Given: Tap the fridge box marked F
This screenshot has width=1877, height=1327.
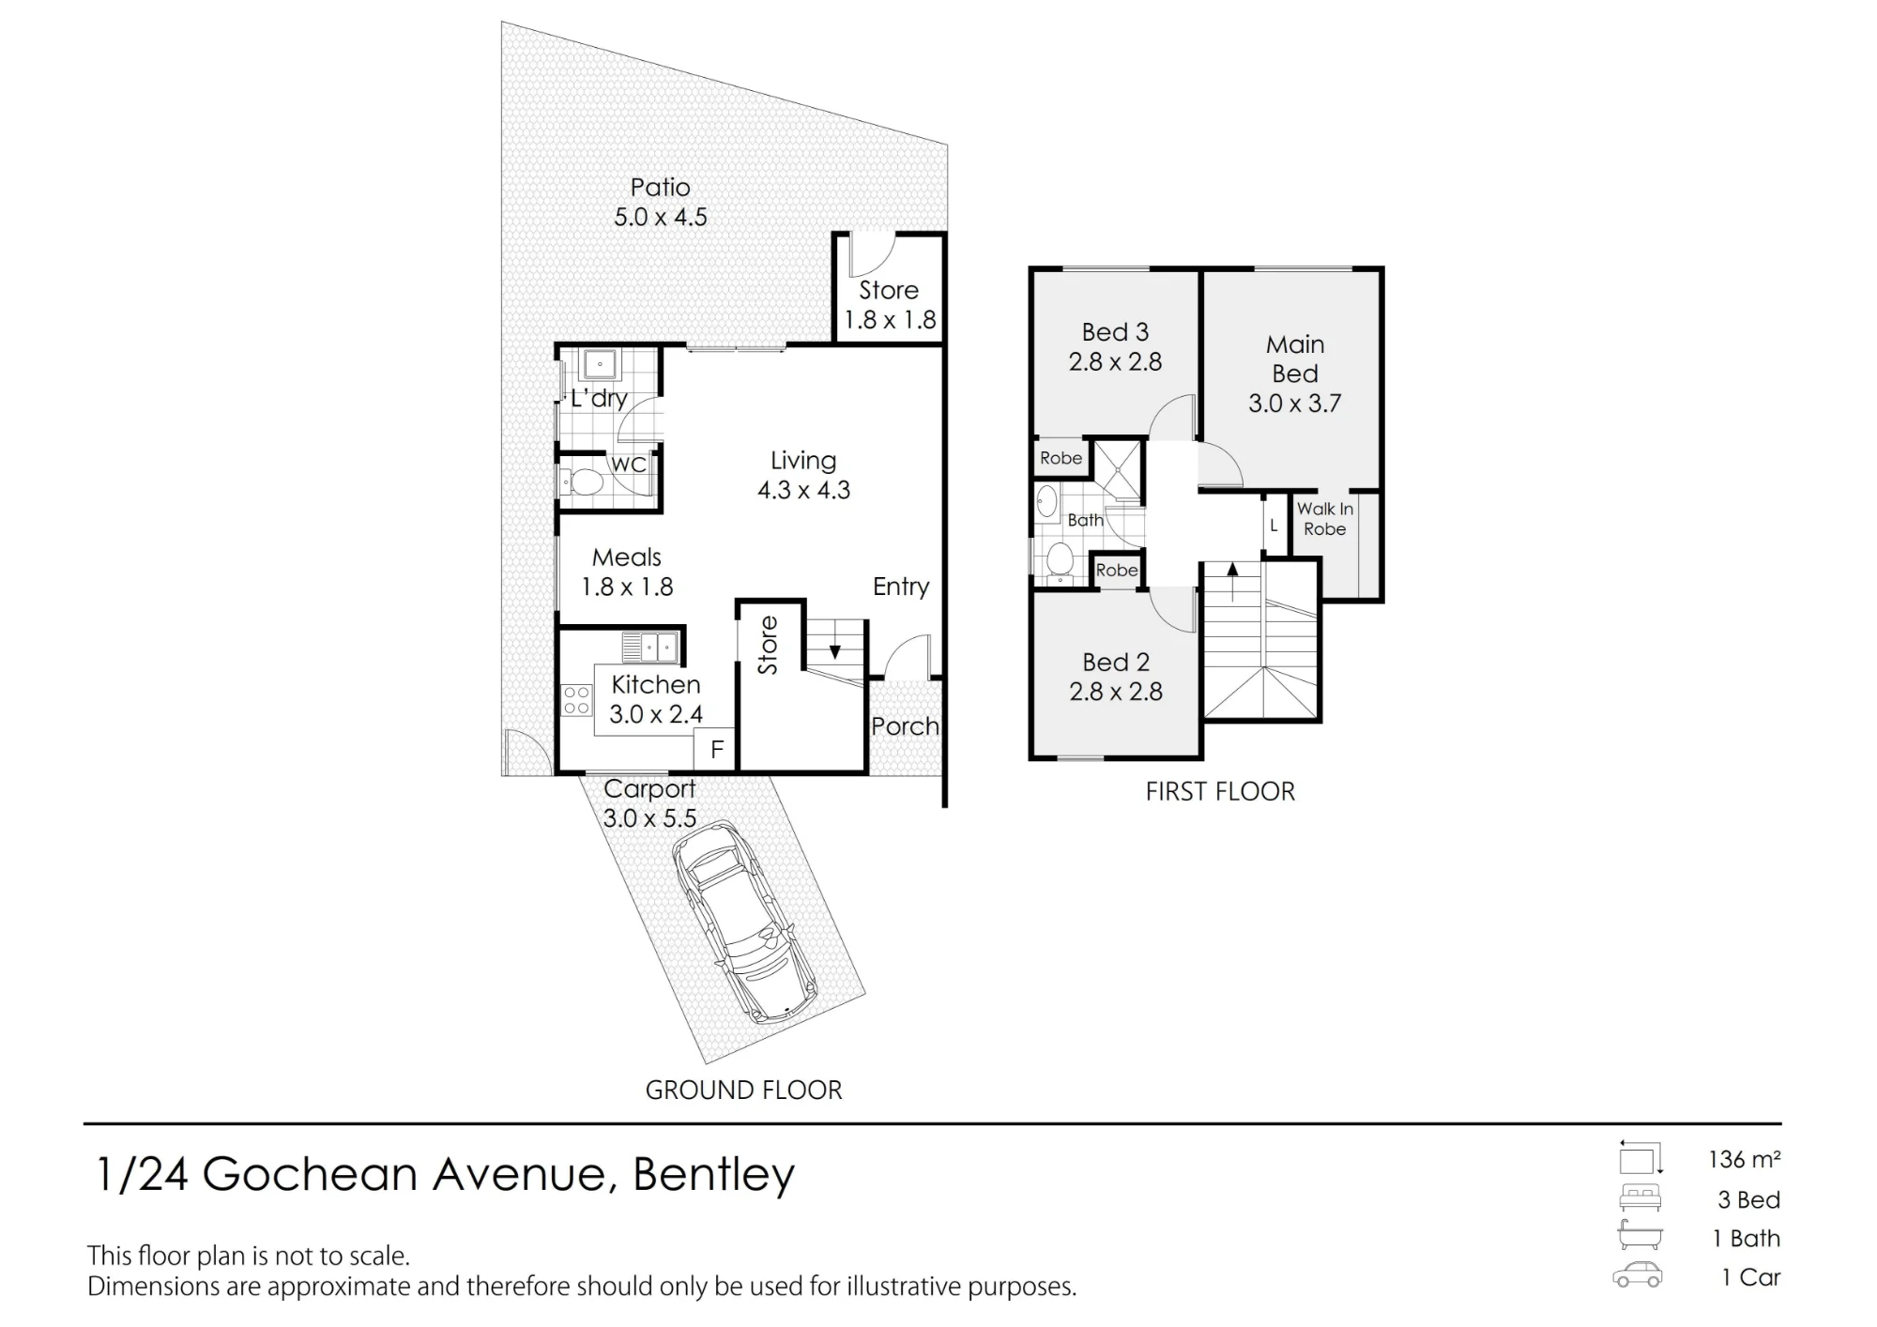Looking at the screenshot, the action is tap(715, 750).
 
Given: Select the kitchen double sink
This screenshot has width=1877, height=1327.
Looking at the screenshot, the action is tap(649, 648).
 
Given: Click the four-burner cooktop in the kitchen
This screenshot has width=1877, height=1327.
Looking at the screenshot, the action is tap(576, 699).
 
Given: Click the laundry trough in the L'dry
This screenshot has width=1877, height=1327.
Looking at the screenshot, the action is tap(597, 363).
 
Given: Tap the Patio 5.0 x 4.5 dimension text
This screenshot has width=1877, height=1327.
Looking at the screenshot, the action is tap(661, 217).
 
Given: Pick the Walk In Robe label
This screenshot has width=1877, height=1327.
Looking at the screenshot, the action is tap(1325, 519).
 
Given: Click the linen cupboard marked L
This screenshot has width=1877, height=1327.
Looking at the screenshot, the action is tap(1274, 526).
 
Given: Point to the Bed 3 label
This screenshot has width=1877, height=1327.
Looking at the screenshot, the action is tap(1115, 332).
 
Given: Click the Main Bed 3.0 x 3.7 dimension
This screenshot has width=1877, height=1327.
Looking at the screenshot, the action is tap(1294, 404).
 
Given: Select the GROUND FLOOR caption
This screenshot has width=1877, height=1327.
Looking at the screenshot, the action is tap(743, 1090).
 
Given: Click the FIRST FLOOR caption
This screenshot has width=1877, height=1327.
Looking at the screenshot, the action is tap(1220, 791).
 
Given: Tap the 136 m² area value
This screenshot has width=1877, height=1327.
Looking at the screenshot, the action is tap(1744, 1160).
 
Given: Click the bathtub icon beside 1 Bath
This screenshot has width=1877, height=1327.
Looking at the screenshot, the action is tap(1640, 1236).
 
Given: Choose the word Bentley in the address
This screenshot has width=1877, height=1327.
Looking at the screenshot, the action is tap(713, 1175).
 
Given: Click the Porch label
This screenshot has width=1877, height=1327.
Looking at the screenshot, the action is tap(905, 726).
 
